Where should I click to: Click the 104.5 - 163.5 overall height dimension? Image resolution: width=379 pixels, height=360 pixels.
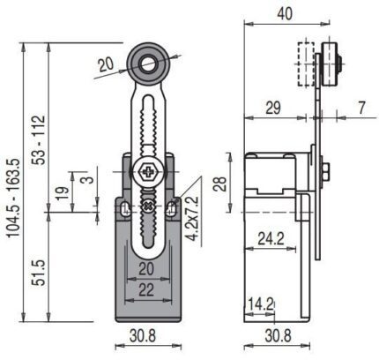point(14,198)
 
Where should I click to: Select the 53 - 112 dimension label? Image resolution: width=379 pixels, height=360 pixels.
point(39,139)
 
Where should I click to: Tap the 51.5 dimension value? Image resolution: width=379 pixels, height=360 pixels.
point(39,273)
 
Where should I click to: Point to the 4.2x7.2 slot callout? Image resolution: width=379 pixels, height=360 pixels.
point(193,218)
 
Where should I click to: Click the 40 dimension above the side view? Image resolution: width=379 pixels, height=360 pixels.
point(285,13)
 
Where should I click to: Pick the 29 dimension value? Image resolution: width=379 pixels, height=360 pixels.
point(273,108)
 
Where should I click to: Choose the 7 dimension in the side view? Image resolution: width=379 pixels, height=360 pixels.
point(361,108)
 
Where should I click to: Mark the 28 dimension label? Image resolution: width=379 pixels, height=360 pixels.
point(220,184)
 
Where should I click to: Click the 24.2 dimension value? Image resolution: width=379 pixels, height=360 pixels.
point(271,238)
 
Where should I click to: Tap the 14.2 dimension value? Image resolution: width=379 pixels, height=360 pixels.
point(261,304)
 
